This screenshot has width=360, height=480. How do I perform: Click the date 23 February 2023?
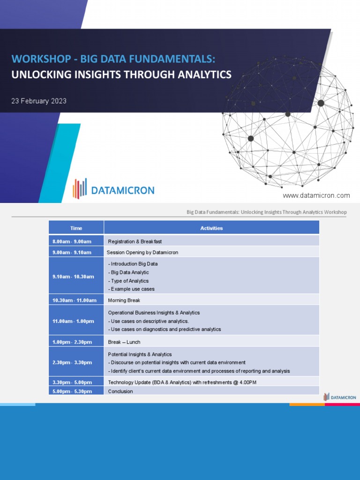click(x=39, y=101)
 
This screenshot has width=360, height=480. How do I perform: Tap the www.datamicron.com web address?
click(x=316, y=195)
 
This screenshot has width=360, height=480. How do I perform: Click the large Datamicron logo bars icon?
click(x=80, y=188)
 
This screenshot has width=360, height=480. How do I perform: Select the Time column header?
click(x=76, y=228)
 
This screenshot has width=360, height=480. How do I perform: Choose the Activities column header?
click(x=211, y=228)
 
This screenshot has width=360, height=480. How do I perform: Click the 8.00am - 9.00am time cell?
click(x=72, y=241)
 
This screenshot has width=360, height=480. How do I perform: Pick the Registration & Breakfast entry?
click(x=135, y=241)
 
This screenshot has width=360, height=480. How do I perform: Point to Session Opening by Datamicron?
click(x=142, y=252)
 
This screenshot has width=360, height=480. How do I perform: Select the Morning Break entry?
click(x=124, y=300)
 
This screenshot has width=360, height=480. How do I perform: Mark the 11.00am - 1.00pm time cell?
click(x=73, y=321)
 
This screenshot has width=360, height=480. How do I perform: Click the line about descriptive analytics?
click(x=149, y=321)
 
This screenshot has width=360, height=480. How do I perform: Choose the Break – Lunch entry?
click(x=124, y=342)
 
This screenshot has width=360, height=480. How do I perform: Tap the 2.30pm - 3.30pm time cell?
click(x=72, y=362)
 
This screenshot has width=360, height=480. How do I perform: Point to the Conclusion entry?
click(x=120, y=391)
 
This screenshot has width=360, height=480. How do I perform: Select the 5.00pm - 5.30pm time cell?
click(x=72, y=391)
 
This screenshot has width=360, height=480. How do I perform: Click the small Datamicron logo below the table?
click(x=340, y=397)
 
